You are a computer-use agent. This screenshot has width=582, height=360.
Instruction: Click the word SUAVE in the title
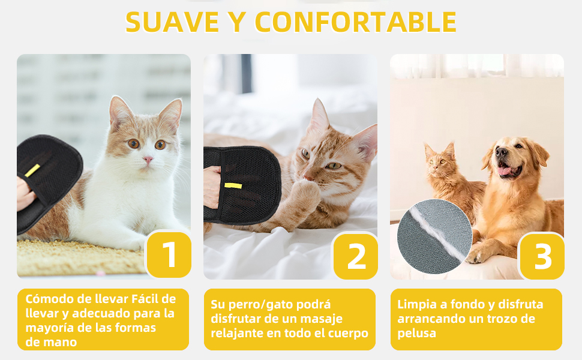pyautogui.click(x=172, y=22)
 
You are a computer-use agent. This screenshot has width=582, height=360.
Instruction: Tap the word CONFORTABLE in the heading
pyautogui.click(x=356, y=22)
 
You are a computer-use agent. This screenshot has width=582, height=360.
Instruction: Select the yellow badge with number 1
pyautogui.click(x=169, y=254)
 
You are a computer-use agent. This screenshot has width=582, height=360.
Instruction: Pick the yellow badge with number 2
pyautogui.click(x=356, y=256)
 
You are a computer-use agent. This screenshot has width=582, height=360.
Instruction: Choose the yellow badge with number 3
pyautogui.click(x=542, y=256)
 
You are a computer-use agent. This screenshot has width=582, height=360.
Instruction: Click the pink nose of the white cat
pyautogui.click(x=148, y=160)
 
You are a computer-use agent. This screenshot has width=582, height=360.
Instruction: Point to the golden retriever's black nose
pyautogui.click(x=502, y=152)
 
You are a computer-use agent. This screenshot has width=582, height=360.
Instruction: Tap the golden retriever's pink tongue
pyautogui.click(x=505, y=170)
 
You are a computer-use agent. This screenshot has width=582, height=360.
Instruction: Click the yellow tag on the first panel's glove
pyautogui.click(x=32, y=170)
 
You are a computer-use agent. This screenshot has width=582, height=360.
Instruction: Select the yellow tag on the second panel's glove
pyautogui.click(x=233, y=185)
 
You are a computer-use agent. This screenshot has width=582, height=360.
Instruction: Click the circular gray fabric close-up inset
pyautogui.click(x=434, y=236)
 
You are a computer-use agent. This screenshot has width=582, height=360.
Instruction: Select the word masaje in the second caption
pyautogui.click(x=322, y=319)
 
